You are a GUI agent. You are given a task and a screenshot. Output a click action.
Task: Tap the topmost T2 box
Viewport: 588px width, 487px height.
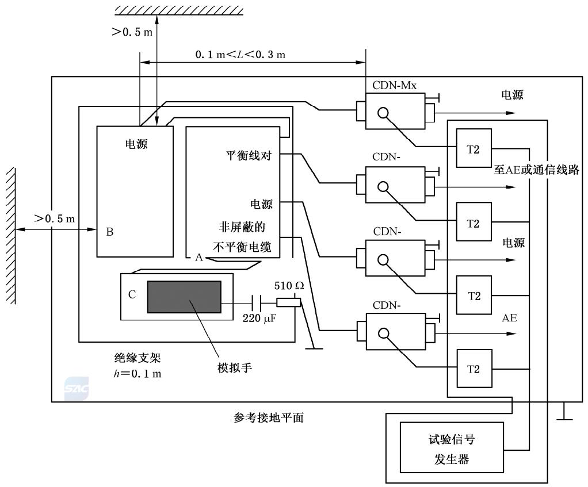[x=474, y=148]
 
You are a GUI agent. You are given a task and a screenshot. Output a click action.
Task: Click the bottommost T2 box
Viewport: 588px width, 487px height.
[x=474, y=369]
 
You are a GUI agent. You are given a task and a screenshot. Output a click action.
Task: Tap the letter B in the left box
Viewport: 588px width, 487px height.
[x=109, y=232]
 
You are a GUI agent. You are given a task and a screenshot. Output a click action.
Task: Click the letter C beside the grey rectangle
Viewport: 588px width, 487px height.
[x=132, y=294]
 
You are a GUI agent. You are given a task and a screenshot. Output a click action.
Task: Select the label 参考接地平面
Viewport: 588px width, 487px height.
[x=265, y=418]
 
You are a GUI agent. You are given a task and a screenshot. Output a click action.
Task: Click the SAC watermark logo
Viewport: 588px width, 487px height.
[x=77, y=389]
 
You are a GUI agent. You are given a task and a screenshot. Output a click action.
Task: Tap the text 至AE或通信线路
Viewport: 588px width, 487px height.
[x=536, y=171]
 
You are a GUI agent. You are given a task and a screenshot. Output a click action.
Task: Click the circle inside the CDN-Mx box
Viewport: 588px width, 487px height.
[x=383, y=113]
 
